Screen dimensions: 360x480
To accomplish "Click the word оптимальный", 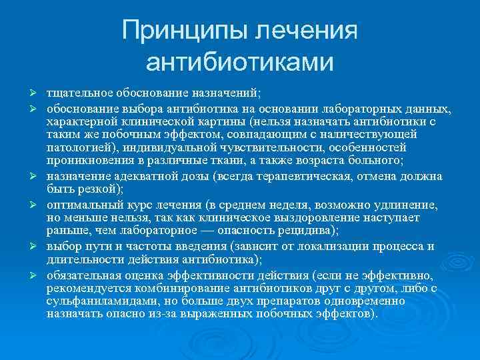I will [79, 204].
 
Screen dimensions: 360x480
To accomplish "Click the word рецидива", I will [299, 230].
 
